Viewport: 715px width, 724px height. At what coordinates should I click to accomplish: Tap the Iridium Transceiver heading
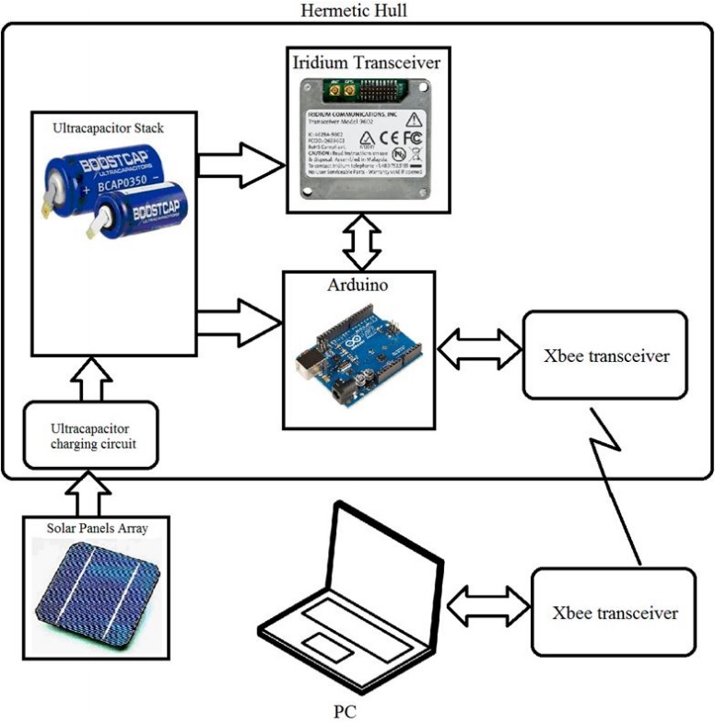tap(366, 64)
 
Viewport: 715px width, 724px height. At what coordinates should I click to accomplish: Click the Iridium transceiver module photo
tap(366, 138)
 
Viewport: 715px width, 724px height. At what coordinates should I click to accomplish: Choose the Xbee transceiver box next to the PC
tap(615, 612)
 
